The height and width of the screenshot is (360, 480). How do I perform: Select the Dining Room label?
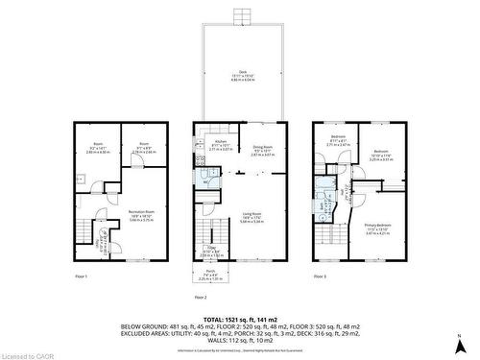coord(262,149)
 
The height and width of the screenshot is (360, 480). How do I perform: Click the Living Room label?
coord(252,217)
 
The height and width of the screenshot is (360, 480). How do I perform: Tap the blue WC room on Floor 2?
coord(202,175)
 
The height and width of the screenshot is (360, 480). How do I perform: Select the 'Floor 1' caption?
coord(81,277)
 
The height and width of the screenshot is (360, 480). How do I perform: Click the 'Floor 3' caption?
coord(321,277)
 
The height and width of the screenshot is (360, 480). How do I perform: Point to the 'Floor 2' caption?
coord(201,298)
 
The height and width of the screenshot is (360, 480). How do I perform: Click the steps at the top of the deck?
coord(242,15)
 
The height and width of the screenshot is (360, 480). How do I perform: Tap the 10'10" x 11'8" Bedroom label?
coord(381,154)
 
